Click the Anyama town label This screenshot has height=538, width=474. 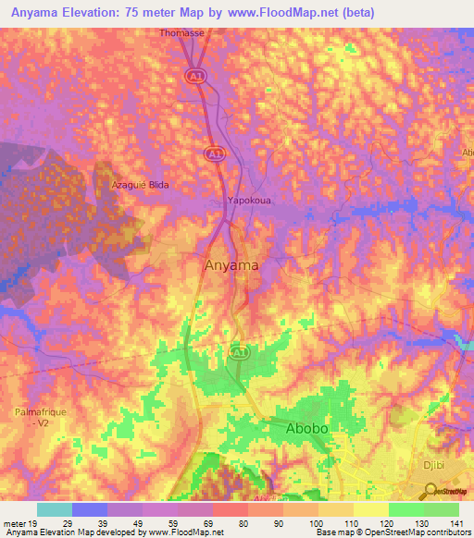coord(230,266)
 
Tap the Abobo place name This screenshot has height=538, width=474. coord(307,429)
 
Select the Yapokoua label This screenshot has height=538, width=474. coord(249,200)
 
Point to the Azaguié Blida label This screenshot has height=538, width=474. coord(140,185)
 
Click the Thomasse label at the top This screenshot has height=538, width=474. coord(181,32)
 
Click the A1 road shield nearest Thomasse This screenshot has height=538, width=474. coord(194,75)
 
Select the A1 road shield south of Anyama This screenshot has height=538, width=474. coord(238,353)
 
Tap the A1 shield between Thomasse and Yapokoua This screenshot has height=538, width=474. coord(214,153)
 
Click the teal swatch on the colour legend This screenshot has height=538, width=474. coord(55,510)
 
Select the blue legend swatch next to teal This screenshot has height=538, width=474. coord(90,510)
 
